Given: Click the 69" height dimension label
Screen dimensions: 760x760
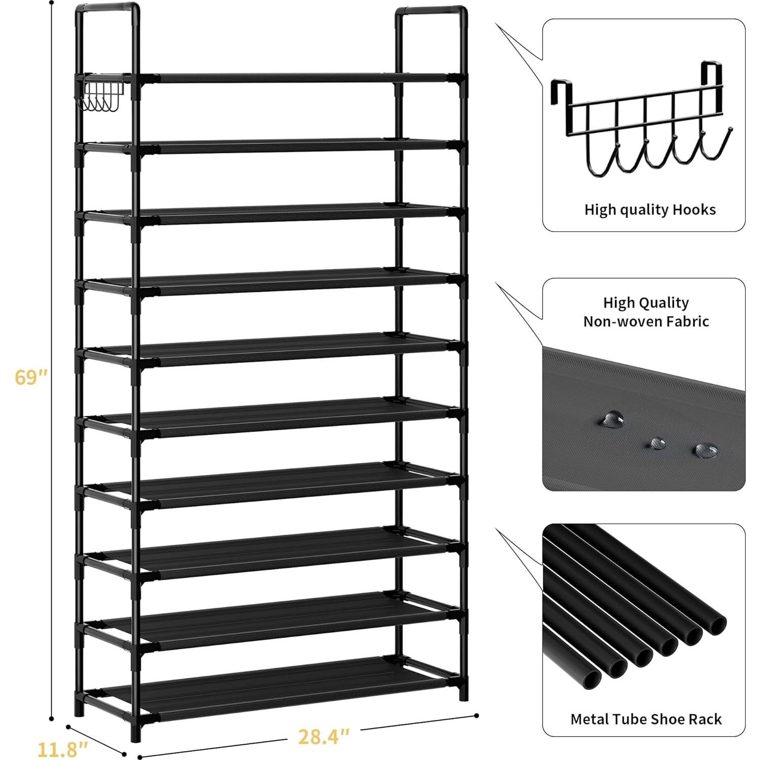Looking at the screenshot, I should click(31, 377).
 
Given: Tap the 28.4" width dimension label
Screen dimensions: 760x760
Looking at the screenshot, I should click(323, 737).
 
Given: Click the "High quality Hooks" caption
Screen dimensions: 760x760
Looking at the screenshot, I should click(649, 210).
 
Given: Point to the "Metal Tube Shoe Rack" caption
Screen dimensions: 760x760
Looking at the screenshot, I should click(646, 719).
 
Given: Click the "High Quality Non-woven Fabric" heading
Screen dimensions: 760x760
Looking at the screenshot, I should click(646, 312).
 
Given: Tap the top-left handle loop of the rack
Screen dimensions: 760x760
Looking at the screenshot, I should click(107, 9).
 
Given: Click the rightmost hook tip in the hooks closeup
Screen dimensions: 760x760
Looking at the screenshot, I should click(730, 130).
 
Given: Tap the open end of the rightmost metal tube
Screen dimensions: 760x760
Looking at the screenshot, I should click(715, 622).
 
